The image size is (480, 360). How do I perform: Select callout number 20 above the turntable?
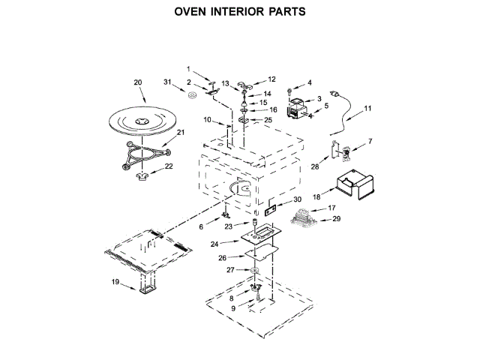click(x=138, y=82)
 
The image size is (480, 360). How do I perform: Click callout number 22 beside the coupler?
click(x=169, y=166)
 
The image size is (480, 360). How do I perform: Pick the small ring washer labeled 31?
click(x=192, y=95)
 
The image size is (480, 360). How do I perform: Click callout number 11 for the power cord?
click(x=367, y=108)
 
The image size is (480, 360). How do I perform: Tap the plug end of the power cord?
click(x=334, y=93)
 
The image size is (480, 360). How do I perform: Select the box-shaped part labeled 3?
click(x=296, y=106)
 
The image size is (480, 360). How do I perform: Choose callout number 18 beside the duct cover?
click(x=316, y=196)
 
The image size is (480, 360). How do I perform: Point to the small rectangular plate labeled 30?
click(x=270, y=210)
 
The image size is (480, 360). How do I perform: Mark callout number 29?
click(x=337, y=219)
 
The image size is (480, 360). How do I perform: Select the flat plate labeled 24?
click(x=261, y=235)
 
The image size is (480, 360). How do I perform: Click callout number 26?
click(x=222, y=258)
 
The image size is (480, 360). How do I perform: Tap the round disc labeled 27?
click(x=255, y=270)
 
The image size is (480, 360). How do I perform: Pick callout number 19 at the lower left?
click(x=115, y=282)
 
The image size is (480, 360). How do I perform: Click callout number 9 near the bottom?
click(x=233, y=308)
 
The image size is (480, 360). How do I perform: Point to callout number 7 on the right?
click(x=370, y=141)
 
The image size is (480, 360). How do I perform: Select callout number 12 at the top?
click(x=271, y=79)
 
